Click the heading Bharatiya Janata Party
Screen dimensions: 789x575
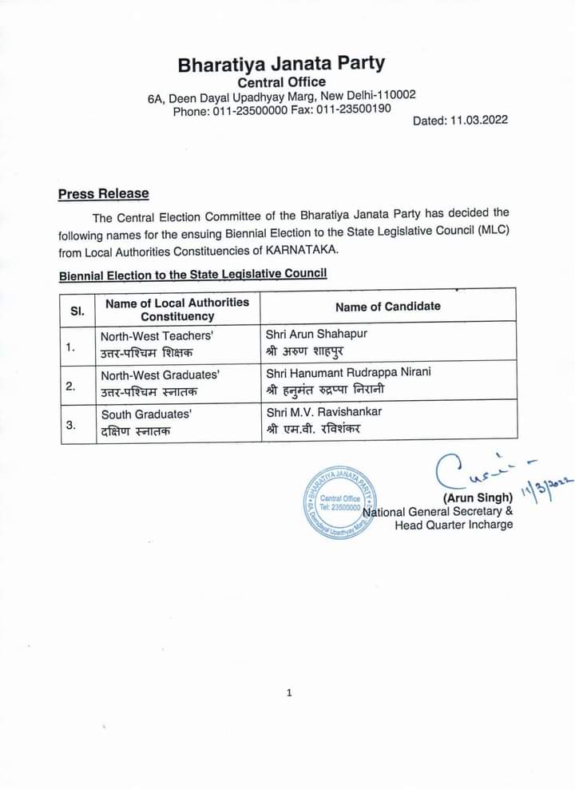click(281, 64)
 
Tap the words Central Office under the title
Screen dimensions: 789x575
click(282, 82)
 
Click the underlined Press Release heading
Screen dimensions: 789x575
click(103, 194)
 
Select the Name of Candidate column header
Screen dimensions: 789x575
click(387, 307)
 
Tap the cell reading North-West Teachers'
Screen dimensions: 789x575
click(157, 336)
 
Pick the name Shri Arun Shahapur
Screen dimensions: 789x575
click(316, 334)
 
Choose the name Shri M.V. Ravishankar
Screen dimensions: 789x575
click(323, 411)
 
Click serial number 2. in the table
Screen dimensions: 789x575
click(70, 387)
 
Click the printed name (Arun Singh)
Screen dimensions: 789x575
click(477, 498)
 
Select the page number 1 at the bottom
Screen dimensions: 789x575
click(289, 692)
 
